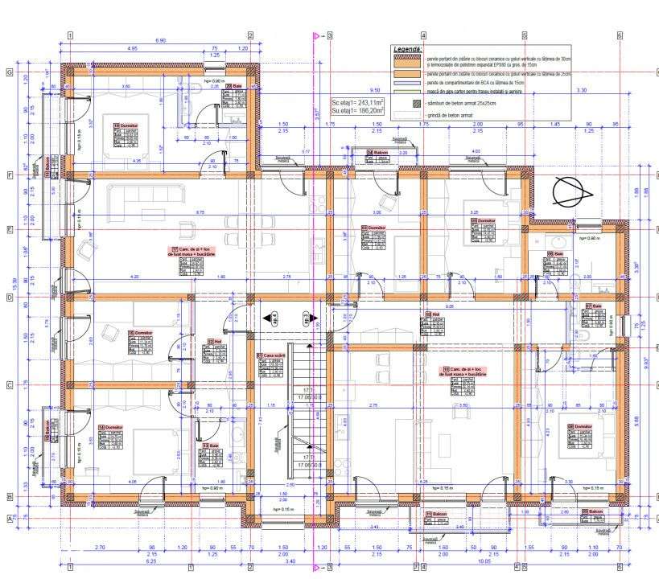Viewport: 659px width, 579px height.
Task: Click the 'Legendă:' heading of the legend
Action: (406, 49)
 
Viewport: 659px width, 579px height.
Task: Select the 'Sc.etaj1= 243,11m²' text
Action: (358, 104)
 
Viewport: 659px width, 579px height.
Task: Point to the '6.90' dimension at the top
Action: (160, 40)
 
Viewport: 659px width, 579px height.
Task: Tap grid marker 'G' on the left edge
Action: (10, 72)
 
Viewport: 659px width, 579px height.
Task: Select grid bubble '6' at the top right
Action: (620, 35)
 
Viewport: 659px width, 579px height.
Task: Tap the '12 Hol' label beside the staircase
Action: (214, 341)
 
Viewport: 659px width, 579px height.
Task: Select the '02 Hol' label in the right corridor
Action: (430, 314)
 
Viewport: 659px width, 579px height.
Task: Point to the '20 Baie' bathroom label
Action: (233, 86)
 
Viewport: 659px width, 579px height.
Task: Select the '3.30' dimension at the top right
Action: (582, 90)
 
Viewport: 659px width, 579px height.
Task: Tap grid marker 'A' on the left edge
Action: (10, 519)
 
